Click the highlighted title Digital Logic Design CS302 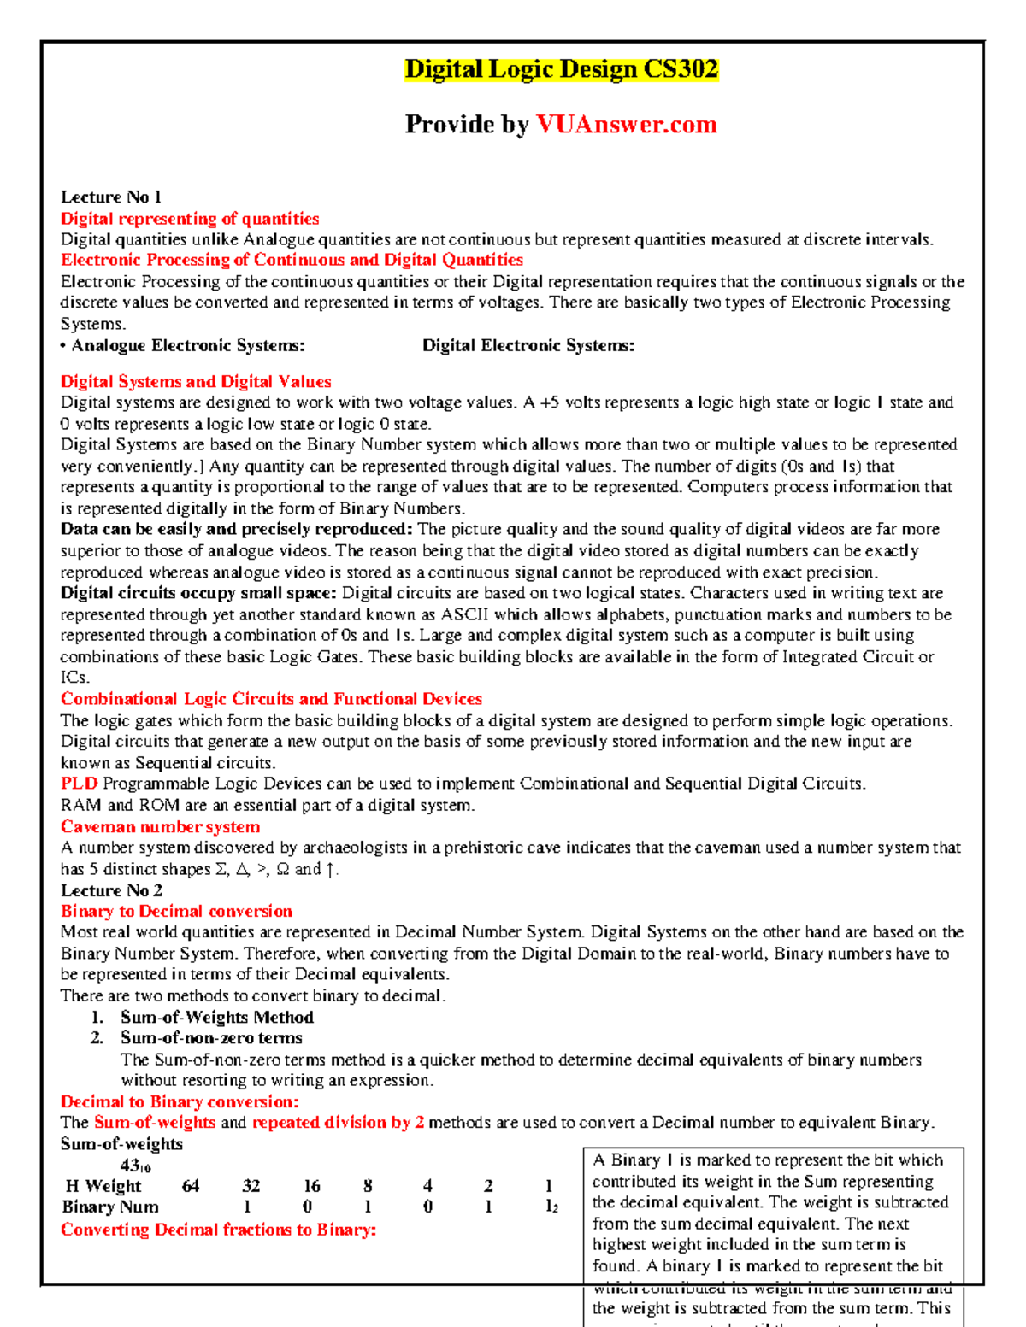[561, 69]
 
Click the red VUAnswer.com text [626, 125]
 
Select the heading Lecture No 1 [110, 197]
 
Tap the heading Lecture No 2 [111, 890]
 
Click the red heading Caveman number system [160, 827]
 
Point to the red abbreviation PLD [79, 784]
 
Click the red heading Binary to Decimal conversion [176, 912]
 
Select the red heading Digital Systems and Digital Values [196, 382]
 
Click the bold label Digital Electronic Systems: [528, 345]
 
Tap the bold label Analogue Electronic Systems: [188, 345]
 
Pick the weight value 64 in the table [191, 1186]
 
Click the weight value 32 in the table [251, 1186]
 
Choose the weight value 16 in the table [312, 1186]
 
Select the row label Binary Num [110, 1207]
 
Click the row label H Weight [103, 1186]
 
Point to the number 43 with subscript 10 [135, 1166]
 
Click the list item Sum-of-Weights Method [216, 1018]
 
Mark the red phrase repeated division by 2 [338, 1123]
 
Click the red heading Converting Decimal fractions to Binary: [218, 1230]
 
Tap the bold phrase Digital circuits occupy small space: [198, 593]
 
